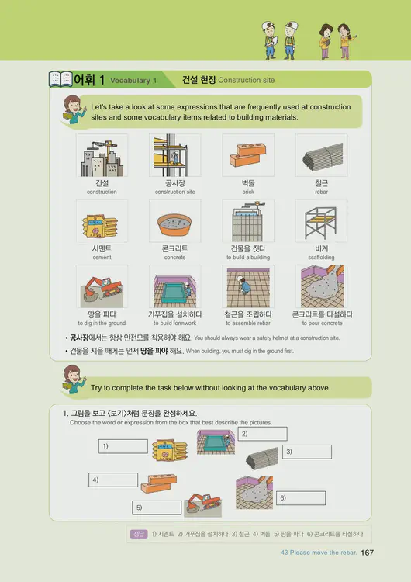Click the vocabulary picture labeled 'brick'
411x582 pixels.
[x=248, y=155]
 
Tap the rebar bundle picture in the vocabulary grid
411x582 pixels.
[x=320, y=155]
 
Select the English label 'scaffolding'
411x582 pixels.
[x=320, y=258]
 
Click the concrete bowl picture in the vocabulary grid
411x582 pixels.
[x=174, y=221]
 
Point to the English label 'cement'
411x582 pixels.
[x=102, y=258]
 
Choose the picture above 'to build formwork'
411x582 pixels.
[x=174, y=287]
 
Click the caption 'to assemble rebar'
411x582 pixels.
[x=248, y=324]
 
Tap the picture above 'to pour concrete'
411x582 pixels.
[x=320, y=287]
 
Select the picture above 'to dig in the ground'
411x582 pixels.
[x=102, y=287]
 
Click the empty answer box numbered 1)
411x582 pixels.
[x=124, y=446]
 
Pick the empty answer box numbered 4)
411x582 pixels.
[x=114, y=480]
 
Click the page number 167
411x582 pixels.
[x=368, y=553]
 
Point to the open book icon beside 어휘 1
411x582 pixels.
[x=60, y=79]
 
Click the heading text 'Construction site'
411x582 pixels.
[x=247, y=80]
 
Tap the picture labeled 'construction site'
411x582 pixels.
[x=174, y=155]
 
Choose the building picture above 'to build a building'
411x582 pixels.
[x=248, y=221]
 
